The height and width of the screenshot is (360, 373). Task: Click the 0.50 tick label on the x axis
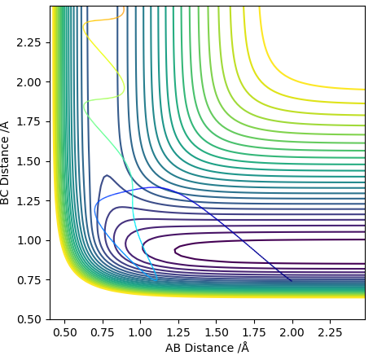64,332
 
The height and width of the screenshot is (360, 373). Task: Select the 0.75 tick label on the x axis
103,332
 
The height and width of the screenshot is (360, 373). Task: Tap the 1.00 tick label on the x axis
140,332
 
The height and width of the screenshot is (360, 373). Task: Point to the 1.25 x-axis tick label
178,332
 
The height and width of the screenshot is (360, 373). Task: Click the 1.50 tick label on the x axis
216,332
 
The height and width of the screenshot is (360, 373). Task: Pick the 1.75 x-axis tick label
254,332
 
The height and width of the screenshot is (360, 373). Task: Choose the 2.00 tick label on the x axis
292,332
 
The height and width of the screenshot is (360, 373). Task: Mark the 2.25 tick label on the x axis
330,332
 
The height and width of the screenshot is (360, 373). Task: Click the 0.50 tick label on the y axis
29,319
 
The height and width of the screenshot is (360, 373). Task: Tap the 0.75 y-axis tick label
29,280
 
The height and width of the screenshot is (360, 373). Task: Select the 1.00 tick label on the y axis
29,240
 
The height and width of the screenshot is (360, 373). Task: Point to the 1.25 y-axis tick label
29,201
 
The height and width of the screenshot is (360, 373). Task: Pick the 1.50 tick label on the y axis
29,161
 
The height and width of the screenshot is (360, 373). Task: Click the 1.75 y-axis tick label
29,121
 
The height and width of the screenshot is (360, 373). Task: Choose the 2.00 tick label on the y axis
29,82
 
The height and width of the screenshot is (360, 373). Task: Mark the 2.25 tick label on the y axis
29,42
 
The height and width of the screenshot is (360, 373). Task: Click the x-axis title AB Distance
200,348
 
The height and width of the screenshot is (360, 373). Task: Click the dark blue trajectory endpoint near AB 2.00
292,281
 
